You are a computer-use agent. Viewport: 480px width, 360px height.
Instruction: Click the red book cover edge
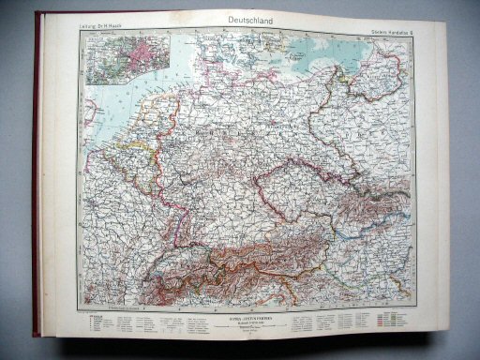[x=37, y=187]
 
